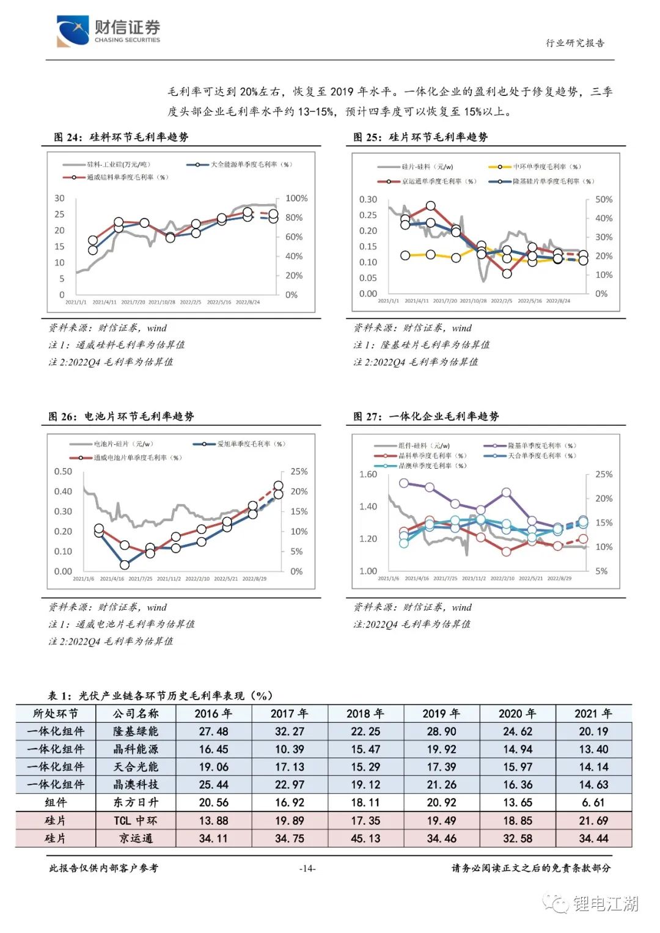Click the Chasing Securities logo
click(x=108, y=31)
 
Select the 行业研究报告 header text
click(x=574, y=43)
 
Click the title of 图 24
click(x=121, y=137)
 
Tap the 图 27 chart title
click(x=426, y=416)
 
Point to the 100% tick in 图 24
click(x=296, y=199)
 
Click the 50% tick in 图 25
click(x=604, y=200)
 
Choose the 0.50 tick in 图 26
click(x=63, y=472)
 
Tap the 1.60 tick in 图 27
click(x=368, y=475)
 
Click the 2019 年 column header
click(x=441, y=714)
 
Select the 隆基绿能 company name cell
click(x=136, y=731)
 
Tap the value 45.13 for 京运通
click(x=365, y=838)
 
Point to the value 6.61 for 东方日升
click(x=593, y=802)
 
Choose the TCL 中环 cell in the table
click(x=136, y=821)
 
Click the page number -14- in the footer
click(x=307, y=868)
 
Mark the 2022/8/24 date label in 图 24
click(x=248, y=302)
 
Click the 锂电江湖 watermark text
click(x=605, y=903)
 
